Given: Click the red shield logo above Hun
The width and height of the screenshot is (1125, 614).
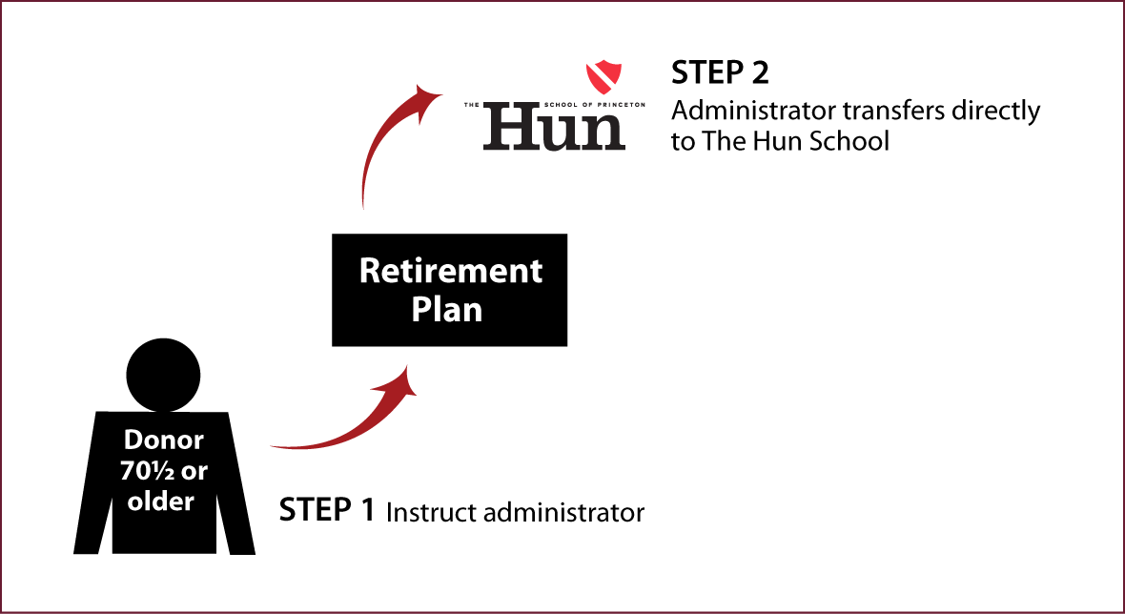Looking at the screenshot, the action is (x=603, y=73).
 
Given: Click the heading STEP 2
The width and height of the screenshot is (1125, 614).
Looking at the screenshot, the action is (x=720, y=73).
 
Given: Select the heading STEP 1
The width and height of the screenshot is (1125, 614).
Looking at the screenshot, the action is (x=326, y=510).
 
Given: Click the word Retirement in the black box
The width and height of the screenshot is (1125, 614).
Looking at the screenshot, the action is (x=451, y=272).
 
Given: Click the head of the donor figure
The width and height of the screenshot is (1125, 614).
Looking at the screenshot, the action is (x=163, y=375).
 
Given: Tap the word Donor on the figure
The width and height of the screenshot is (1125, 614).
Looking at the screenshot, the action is (x=164, y=440).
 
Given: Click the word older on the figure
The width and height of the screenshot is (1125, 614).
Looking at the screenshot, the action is (x=161, y=501).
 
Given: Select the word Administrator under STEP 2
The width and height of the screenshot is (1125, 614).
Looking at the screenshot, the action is (x=752, y=112).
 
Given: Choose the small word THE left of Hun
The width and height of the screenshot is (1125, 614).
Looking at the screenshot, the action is (x=471, y=105).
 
